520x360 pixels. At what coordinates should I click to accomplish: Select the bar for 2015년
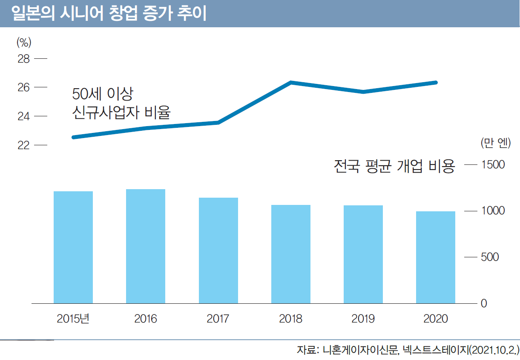tap(73, 247)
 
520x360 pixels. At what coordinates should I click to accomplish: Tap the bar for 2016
tap(146, 246)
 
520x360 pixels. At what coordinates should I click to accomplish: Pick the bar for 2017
tap(218, 250)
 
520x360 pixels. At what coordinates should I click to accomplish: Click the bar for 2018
tap(291, 254)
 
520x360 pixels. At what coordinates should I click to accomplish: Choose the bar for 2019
tap(363, 254)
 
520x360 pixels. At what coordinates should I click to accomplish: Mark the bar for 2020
tap(436, 257)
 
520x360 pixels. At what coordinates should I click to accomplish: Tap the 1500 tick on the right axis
tap(493, 164)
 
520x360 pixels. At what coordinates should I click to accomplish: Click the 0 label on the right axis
tap(484, 304)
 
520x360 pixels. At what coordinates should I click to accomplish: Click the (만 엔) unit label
tap(495, 143)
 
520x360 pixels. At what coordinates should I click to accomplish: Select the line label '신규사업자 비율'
tap(121, 112)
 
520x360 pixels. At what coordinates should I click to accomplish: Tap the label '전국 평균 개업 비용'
tap(394, 166)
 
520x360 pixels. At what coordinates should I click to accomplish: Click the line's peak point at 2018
tap(291, 82)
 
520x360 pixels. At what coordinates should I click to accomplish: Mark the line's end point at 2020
tap(436, 82)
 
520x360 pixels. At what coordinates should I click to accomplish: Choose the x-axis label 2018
tap(291, 319)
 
